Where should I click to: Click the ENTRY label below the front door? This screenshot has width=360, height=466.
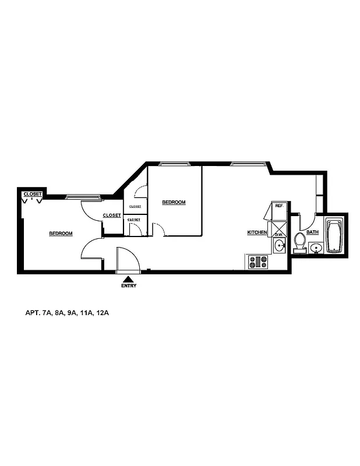pos(129,286)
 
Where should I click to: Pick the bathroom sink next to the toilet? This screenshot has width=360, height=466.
pos(316,249)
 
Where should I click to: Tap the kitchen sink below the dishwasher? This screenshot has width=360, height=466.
pos(280,246)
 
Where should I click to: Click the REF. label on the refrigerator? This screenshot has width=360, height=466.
pos(279,206)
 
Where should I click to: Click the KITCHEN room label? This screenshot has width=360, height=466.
pos(257,232)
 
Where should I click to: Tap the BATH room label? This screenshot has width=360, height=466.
pos(313,232)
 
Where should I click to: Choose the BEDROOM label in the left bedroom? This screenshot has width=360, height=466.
pos(61,234)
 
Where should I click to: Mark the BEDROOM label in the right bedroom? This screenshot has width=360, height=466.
pos(174,202)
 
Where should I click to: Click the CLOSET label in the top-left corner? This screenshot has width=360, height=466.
pos(33,194)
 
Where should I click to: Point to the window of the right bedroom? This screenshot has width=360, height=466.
pos(176,164)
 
